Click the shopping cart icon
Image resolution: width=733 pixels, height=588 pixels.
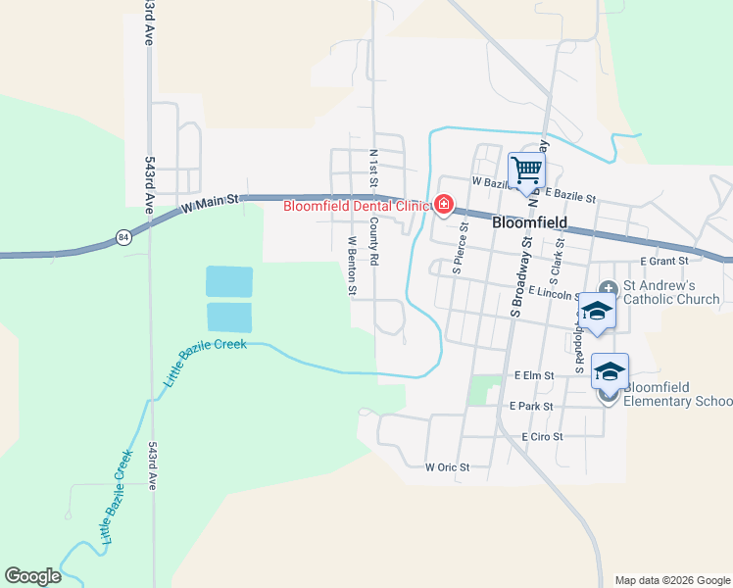click(x=526, y=171)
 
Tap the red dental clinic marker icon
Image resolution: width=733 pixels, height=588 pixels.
click(x=443, y=205)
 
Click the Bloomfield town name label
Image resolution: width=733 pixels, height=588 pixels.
click(x=530, y=222)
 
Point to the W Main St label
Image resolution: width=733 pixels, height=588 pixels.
click(x=211, y=204)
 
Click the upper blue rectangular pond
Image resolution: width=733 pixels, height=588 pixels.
click(x=229, y=281)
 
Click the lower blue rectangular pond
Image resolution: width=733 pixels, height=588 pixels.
click(x=229, y=318)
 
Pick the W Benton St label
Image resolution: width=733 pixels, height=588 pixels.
click(x=350, y=265)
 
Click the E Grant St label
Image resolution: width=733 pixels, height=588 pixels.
click(x=664, y=262)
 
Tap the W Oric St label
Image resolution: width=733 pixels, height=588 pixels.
click(x=447, y=467)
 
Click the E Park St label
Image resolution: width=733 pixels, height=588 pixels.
click(x=531, y=406)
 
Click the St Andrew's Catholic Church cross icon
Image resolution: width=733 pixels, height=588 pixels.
click(x=609, y=288)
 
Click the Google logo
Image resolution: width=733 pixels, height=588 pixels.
click(x=32, y=576)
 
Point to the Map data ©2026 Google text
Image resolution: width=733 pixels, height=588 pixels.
click(x=672, y=580)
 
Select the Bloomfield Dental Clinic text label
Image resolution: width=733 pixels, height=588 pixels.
click(x=357, y=206)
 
